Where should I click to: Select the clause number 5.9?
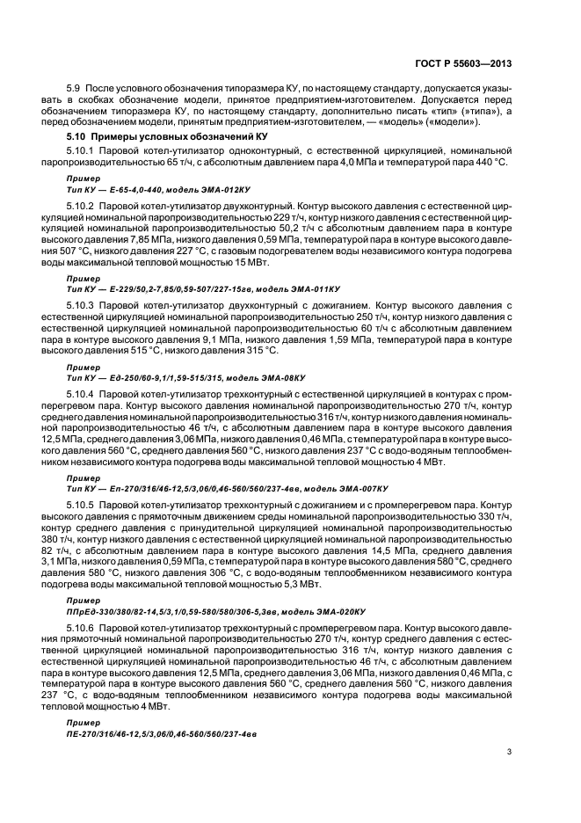click(x=74, y=90)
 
